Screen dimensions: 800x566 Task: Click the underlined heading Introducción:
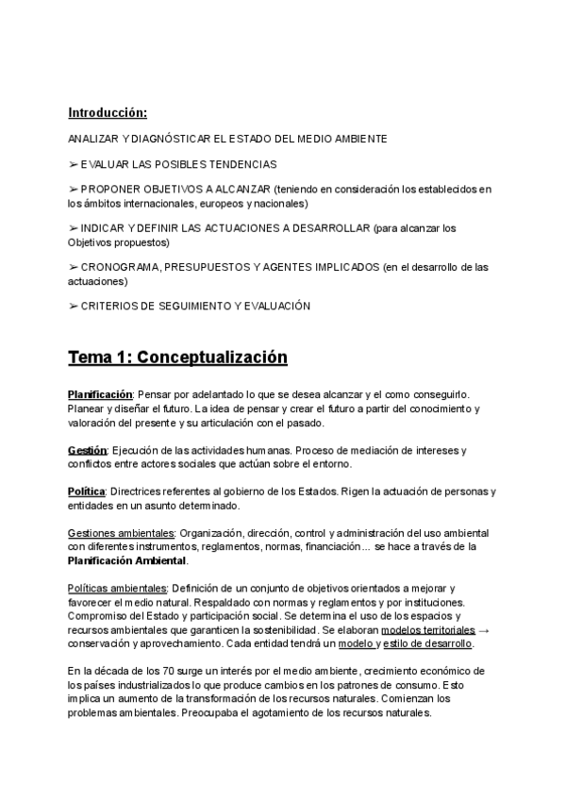tap(108, 113)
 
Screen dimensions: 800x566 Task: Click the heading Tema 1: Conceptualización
tap(177, 358)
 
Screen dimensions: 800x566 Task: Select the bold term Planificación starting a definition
tap(100, 392)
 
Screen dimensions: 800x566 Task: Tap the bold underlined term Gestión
tap(87, 450)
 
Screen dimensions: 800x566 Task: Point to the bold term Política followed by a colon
tap(86, 492)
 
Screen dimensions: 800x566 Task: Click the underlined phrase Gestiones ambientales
tap(121, 533)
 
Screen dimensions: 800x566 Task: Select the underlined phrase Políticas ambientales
tap(119, 587)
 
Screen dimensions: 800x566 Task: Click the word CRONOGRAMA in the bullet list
tap(121, 267)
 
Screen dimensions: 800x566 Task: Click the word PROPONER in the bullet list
tap(109, 190)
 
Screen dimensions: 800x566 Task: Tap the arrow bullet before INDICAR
tap(73, 228)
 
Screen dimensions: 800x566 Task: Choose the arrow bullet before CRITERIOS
tap(73, 306)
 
